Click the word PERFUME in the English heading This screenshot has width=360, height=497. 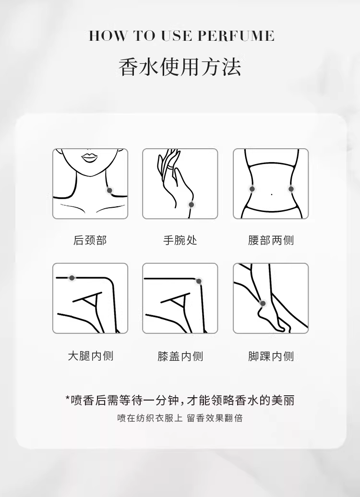click(x=236, y=36)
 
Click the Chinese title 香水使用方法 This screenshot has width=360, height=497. click(x=180, y=67)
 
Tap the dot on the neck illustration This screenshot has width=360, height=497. click(x=109, y=190)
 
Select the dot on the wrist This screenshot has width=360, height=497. click(x=191, y=205)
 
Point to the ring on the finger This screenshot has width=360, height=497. click(x=171, y=167)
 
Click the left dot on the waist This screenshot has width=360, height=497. click(x=252, y=189)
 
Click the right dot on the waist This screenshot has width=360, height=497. click(x=291, y=189)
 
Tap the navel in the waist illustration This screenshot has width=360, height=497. click(x=272, y=194)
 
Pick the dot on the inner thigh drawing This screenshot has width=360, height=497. click(x=72, y=278)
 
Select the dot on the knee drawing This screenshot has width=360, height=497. click(x=199, y=281)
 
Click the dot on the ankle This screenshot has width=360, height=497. click(x=263, y=304)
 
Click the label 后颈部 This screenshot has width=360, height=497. click(x=90, y=240)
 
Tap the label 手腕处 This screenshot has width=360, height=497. click(x=180, y=240)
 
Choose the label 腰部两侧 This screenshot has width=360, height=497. click(x=271, y=240)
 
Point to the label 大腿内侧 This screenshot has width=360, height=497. click(x=90, y=356)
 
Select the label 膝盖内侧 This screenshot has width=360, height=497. click(x=180, y=356)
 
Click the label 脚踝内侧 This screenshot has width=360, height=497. click(x=271, y=356)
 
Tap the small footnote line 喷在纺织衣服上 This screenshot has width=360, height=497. click(x=150, y=418)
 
